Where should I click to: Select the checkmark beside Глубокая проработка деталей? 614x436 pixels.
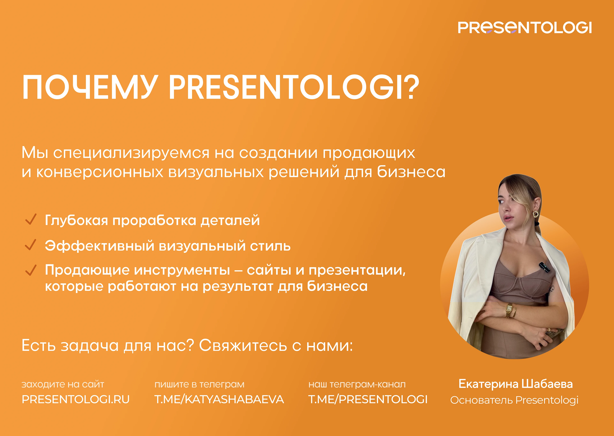pyautogui.click(x=31, y=219)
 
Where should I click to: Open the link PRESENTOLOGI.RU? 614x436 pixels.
pyautogui.click(x=76, y=399)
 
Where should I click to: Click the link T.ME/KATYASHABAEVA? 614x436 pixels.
pyautogui.click(x=219, y=399)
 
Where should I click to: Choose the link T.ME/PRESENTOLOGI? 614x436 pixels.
pyautogui.click(x=368, y=399)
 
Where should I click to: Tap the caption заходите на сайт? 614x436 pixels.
pyautogui.click(x=63, y=384)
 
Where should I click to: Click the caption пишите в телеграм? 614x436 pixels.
pyautogui.click(x=200, y=384)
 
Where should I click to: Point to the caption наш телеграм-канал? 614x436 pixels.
pyautogui.click(x=357, y=384)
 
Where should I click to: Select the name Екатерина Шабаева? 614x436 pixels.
pyautogui.click(x=516, y=384)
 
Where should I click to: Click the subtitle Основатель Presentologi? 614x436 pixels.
pyautogui.click(x=514, y=400)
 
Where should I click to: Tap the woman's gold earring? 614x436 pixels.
pyautogui.click(x=536, y=214)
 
